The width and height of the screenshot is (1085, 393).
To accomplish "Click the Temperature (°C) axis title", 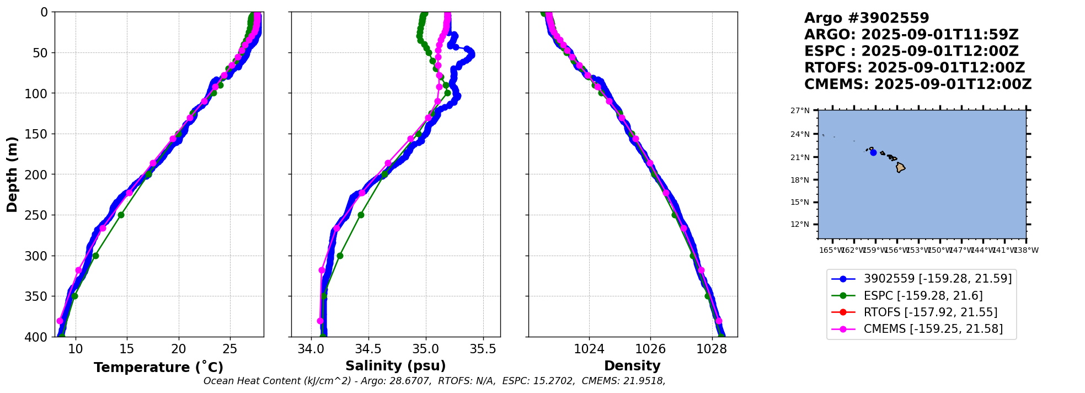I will tap(158, 367).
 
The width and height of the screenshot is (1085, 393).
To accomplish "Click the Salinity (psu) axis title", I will tap(395, 366).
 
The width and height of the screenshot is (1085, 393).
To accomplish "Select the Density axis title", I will tap(632, 366).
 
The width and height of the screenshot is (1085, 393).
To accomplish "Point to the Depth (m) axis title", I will tap(12, 174).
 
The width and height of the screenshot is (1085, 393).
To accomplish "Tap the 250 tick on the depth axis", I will tap(40, 215).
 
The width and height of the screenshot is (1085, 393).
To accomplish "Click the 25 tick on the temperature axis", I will tap(230, 349).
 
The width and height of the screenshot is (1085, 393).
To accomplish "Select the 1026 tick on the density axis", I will tap(650, 349).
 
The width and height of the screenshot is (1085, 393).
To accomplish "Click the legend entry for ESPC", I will tap(923, 296).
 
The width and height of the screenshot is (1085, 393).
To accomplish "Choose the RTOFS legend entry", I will tap(930, 312).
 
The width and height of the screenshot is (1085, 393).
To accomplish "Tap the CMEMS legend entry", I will tap(933, 329).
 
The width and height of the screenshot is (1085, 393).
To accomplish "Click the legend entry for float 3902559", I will tap(937, 279).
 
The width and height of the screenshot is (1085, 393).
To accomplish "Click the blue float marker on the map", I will tap(873, 152).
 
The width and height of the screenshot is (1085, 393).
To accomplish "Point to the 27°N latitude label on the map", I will tap(800, 110).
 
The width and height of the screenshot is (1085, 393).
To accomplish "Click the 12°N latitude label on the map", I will tap(800, 224).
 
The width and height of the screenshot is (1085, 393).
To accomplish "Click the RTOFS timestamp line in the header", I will tap(914, 68).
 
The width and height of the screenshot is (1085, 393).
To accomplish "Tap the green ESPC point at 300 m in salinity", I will tap(340, 256).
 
